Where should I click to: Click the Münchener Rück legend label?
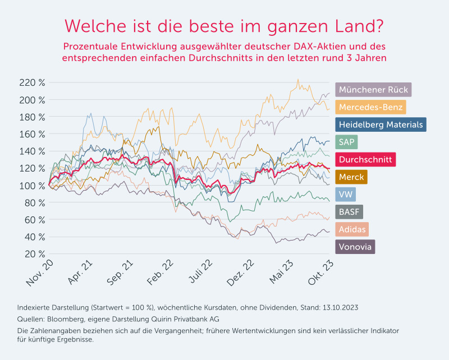click(373, 90)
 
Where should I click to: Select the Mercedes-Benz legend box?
click(370, 107)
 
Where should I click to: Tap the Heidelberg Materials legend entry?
click(381, 124)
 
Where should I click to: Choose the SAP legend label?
click(347, 141)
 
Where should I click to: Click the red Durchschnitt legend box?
click(365, 159)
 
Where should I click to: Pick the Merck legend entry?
click(351, 177)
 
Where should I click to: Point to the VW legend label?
click(345, 194)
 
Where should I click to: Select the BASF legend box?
click(349, 211)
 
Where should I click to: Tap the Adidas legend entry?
click(352, 229)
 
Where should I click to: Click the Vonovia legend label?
click(355, 246)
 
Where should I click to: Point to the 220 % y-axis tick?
click(32, 83)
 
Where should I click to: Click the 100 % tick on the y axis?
click(32, 186)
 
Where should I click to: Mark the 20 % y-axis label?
click(34, 254)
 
